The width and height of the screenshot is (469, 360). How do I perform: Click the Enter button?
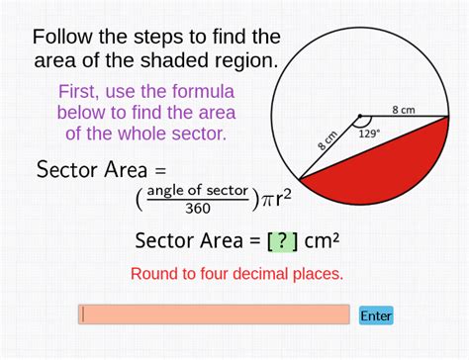pyautogui.click(x=376, y=315)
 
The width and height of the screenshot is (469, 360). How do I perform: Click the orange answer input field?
pyautogui.click(x=214, y=315)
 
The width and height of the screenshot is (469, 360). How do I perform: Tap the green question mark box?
pyautogui.click(x=282, y=240)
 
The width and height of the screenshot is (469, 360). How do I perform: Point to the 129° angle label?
pyautogui.click(x=368, y=133)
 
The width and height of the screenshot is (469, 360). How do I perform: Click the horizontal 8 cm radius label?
pyautogui.click(x=403, y=109)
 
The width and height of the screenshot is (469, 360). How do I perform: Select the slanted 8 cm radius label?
pyautogui.click(x=328, y=140)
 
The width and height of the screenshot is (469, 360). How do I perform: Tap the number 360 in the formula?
pyautogui.click(x=198, y=208)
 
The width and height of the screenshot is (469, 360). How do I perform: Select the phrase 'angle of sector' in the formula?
pyautogui.click(x=198, y=190)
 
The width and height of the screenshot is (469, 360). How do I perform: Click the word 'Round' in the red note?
pyautogui.click(x=153, y=273)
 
